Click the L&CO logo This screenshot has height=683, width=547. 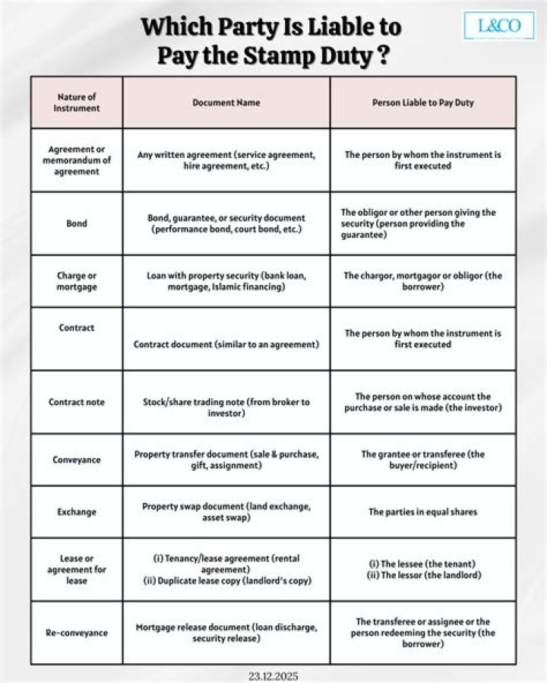(x=499, y=26)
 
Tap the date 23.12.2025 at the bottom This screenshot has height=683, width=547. (x=273, y=674)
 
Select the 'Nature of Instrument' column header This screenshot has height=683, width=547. (x=77, y=103)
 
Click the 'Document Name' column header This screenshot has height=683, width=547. (x=226, y=103)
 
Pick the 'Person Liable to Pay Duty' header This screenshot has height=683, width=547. (x=422, y=103)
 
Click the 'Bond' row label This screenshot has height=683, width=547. (x=77, y=223)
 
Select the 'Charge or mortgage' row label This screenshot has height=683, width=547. (x=77, y=281)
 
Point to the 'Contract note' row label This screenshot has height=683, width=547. (x=77, y=402)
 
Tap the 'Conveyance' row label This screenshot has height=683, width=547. (x=77, y=460)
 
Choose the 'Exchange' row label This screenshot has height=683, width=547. (x=77, y=512)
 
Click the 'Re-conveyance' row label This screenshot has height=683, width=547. (x=77, y=632)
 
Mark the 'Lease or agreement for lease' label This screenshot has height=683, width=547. (x=77, y=570)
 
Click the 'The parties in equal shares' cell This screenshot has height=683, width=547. (x=422, y=512)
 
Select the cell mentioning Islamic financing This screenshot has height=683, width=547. (x=226, y=281)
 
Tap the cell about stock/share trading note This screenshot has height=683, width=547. (x=226, y=407)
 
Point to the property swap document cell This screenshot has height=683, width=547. (x=226, y=512)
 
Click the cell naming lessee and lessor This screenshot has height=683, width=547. (x=422, y=569)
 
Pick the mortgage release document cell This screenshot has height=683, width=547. (x=226, y=633)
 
